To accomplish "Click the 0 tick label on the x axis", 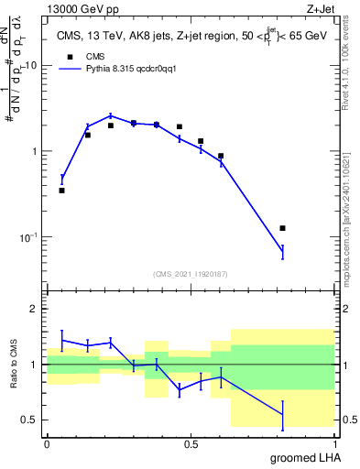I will [47, 443].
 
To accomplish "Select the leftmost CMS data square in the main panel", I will [61, 191].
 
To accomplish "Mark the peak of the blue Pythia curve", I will [110, 115].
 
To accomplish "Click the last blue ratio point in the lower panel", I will [282, 415].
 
